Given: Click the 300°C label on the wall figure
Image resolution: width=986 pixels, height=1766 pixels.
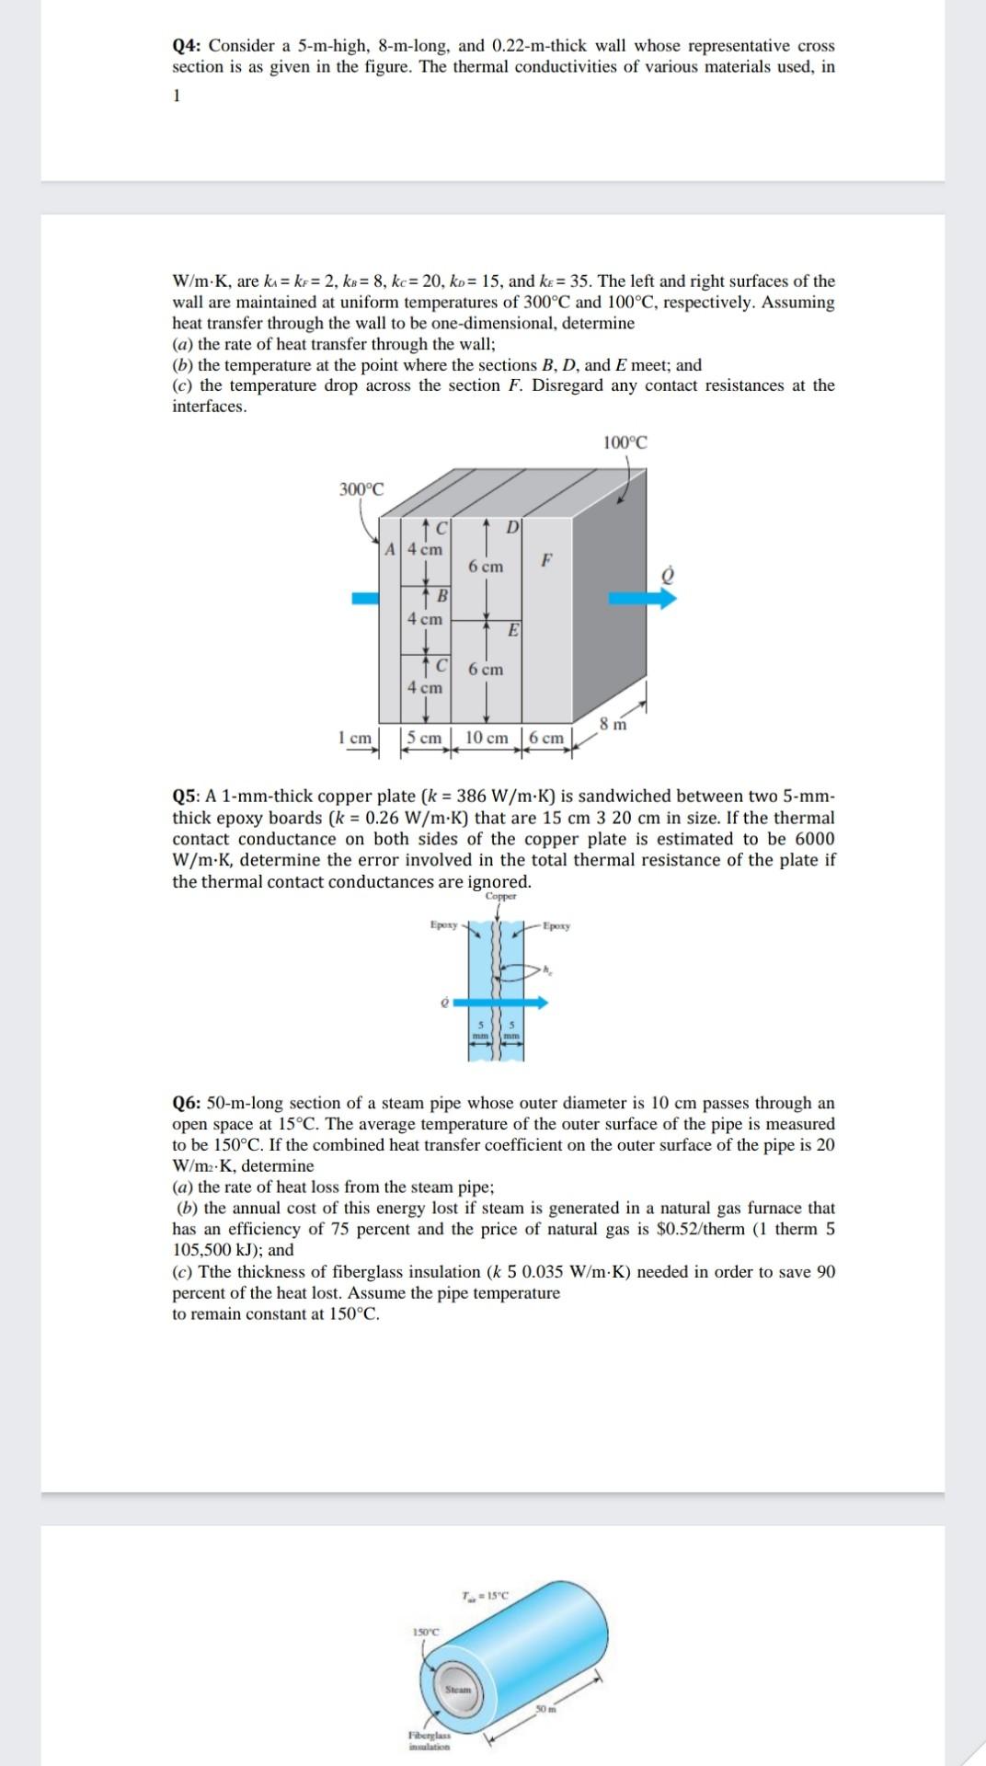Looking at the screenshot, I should [361, 489].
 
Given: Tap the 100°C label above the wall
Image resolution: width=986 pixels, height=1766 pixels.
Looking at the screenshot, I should [625, 442].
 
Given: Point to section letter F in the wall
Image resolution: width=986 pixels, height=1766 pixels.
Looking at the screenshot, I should [547, 559].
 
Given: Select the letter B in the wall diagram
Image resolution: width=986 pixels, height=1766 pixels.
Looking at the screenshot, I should [441, 596].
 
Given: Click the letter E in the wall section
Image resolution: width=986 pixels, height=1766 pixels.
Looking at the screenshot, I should [513, 630].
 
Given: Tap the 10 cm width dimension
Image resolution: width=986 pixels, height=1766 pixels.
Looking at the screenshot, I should [487, 738].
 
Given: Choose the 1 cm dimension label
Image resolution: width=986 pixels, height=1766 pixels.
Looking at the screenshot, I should [354, 738].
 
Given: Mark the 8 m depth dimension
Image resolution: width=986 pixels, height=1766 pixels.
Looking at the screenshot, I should [613, 723].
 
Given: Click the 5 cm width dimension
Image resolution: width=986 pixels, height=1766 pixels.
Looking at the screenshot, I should [424, 738].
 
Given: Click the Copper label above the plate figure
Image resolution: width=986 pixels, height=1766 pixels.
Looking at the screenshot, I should [500, 896].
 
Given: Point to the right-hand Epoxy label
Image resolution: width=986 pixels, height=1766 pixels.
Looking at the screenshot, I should [556, 926].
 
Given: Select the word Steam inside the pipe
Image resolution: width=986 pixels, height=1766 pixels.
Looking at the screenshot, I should [458, 1690].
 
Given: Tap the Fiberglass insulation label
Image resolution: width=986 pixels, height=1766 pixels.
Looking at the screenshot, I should [429, 1737].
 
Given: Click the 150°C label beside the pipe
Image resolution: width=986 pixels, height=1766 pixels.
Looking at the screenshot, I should [427, 1632].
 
